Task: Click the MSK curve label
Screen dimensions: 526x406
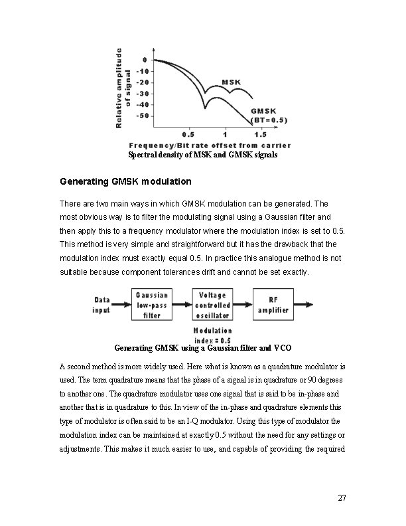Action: tap(232, 82)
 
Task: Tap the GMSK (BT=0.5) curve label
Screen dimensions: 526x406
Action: tap(269, 116)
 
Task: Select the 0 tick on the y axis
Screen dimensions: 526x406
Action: tap(146, 60)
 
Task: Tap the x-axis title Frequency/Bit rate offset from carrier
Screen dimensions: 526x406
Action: tap(210, 145)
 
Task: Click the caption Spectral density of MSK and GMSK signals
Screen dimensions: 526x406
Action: tap(203, 155)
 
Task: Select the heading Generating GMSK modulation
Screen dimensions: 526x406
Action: tap(125, 181)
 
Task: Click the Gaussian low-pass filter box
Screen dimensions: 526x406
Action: tap(152, 305)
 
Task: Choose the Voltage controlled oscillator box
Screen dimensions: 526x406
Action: tap(212, 305)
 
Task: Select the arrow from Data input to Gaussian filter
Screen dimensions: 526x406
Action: tap(121, 305)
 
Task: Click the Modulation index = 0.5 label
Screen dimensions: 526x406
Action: tap(212, 335)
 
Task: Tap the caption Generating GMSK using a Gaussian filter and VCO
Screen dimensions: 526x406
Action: tap(203, 347)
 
